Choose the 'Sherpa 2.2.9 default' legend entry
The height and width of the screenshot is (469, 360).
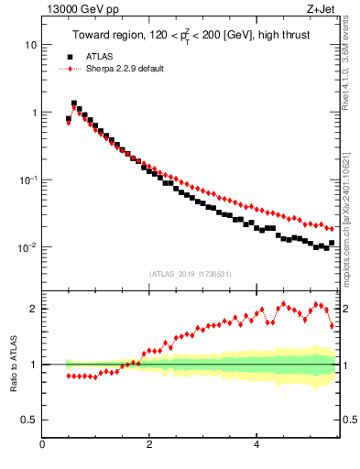pyautogui.click(x=124, y=69)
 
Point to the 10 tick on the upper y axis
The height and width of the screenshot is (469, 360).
pyautogui.click(x=31, y=45)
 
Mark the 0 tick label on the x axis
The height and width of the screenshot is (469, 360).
pyautogui.click(x=42, y=446)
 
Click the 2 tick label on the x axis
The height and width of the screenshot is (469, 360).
pyautogui.click(x=148, y=446)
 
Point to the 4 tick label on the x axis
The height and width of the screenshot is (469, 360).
pyautogui.click(x=256, y=446)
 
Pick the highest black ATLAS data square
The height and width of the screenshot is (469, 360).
pyautogui.click(x=74, y=104)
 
